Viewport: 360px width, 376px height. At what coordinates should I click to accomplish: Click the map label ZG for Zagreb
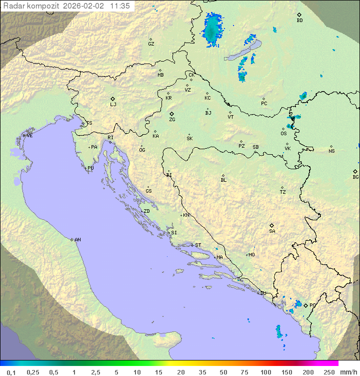(172, 120)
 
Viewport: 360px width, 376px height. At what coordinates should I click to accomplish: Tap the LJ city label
(113, 105)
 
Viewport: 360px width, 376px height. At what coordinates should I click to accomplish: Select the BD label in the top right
(299, 21)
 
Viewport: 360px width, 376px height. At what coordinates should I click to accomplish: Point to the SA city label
(272, 231)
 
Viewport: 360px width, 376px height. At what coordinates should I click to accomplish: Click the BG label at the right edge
(355, 177)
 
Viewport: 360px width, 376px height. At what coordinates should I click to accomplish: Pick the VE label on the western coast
(29, 136)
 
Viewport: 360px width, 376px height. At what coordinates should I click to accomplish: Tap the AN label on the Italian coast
(77, 240)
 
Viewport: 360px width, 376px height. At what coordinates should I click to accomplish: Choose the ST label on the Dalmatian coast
(198, 245)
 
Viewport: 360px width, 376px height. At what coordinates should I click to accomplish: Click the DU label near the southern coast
(262, 293)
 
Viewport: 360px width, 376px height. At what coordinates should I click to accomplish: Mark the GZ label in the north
(151, 44)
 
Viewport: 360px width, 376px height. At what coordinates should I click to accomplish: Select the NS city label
(331, 151)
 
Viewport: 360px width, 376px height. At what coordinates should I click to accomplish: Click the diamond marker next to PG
(305, 305)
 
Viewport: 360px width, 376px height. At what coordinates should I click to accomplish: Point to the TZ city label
(283, 192)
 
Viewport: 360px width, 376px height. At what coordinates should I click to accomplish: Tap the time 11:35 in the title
(120, 6)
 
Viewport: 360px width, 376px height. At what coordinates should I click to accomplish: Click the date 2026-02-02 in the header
(85, 6)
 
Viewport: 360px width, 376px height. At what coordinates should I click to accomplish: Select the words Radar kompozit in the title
(32, 6)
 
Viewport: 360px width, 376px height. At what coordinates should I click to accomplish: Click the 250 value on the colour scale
(329, 372)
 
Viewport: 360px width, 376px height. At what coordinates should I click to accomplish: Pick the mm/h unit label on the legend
(347, 372)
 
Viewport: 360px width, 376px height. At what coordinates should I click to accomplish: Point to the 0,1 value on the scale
(11, 372)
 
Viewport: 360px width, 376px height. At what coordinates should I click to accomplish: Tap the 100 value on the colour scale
(265, 372)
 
